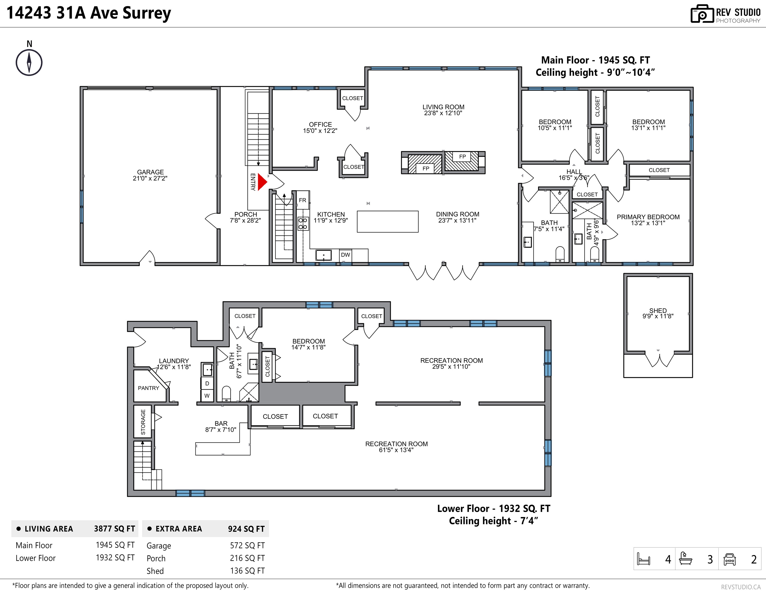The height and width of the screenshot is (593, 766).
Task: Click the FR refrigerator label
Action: click(302, 200)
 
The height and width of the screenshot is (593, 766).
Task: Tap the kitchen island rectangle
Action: click(388, 221)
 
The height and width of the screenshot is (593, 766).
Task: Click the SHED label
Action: click(658, 310)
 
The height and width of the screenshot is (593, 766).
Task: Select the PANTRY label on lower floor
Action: click(148, 388)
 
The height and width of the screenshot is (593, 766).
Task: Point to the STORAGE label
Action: click(143, 422)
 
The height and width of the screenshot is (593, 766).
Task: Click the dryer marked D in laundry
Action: click(207, 383)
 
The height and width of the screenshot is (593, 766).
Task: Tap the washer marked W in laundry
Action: click(207, 396)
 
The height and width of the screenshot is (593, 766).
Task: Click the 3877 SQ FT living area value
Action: click(114, 529)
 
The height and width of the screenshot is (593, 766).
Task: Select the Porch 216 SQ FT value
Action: click(247, 558)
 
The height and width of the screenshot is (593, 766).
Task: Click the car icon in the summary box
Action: click(729, 559)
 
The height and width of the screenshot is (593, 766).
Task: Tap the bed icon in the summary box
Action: click(643, 559)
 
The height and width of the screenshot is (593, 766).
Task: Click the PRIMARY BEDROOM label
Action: click(648, 217)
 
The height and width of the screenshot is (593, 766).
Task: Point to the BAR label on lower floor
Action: click(221, 423)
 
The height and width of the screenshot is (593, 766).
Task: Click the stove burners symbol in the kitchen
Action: click(303, 224)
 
